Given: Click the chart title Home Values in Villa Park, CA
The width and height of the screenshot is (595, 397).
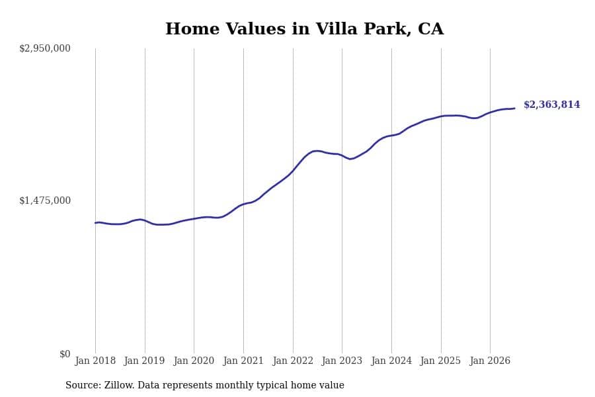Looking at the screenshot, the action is (304, 29).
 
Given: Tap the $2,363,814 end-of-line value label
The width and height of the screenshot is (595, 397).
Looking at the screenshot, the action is (552, 105).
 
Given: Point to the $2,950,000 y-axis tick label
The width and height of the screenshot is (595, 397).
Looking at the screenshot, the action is (45, 48).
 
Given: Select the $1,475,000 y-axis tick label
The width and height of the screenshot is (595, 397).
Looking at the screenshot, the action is (45, 200).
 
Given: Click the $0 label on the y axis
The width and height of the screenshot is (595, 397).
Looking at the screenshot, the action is (65, 354).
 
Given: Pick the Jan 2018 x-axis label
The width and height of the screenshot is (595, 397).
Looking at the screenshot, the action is (95, 361).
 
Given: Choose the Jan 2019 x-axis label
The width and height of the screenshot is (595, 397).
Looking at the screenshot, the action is (144, 361).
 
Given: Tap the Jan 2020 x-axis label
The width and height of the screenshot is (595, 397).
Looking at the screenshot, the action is (194, 361).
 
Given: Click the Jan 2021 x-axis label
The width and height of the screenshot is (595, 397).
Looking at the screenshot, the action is (243, 361).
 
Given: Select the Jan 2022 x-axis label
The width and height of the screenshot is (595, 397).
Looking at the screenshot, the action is (293, 361).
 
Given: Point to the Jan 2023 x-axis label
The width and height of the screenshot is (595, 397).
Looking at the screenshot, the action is (342, 361).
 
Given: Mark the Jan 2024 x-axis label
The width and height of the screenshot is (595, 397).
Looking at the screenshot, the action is (391, 361).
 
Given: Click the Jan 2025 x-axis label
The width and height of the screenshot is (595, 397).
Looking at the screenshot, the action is (440, 361).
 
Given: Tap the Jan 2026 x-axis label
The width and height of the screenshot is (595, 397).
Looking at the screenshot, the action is (490, 361).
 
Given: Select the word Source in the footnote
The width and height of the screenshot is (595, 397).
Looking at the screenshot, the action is (83, 385).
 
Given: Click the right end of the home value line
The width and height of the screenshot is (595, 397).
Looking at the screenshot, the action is (514, 109).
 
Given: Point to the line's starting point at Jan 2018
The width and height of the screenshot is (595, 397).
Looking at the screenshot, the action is (95, 223).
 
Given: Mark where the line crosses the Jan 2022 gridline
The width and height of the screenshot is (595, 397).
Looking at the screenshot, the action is (293, 171).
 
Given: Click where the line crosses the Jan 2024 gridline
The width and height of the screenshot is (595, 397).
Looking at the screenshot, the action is (391, 135).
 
